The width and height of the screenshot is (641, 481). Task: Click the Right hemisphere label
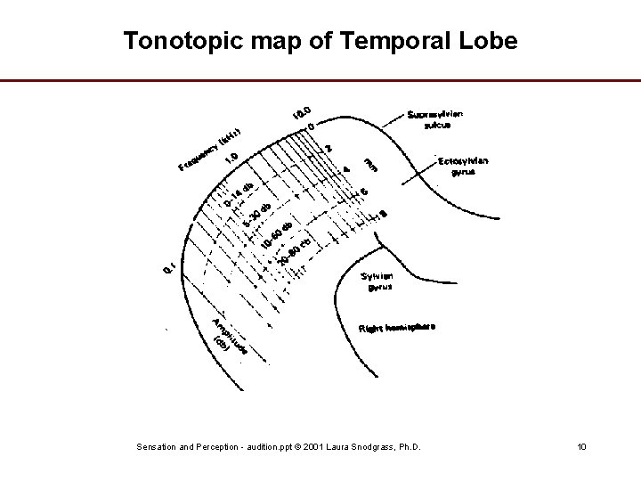397,328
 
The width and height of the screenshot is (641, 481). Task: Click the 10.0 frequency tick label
302,113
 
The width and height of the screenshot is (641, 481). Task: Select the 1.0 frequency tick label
231,158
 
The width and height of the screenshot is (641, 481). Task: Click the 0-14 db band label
239,195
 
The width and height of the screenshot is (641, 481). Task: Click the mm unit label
371,163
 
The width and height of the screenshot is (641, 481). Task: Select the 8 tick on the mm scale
383,213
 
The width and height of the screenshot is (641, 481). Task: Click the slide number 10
581,445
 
